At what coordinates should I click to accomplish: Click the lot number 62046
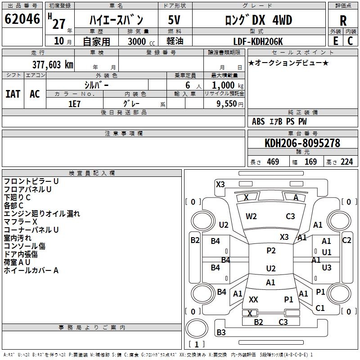click(x=22, y=19)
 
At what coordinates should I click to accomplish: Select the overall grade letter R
click(x=343, y=21)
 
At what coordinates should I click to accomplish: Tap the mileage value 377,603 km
click(x=53, y=64)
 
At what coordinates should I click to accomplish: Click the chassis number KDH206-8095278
click(x=302, y=143)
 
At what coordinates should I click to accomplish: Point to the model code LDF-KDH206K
click(x=258, y=41)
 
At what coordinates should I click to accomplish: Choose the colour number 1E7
click(x=74, y=104)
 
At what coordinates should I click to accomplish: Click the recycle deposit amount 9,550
click(x=227, y=104)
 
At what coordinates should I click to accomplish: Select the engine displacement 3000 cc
click(x=141, y=41)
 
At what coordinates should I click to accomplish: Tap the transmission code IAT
click(x=13, y=94)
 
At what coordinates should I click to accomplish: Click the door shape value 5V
click(x=174, y=20)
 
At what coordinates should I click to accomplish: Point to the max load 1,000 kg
click(x=228, y=85)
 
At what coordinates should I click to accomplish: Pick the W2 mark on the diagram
click(x=251, y=216)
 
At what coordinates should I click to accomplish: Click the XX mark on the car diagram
click(x=253, y=299)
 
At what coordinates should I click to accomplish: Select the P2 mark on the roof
click(x=271, y=251)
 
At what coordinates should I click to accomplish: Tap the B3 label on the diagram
click(x=221, y=332)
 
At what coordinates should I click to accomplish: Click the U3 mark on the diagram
click(x=327, y=267)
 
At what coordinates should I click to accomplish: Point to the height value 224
click(x=346, y=162)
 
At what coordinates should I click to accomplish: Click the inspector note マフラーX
click(x=20, y=222)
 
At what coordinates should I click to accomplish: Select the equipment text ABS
click(x=258, y=121)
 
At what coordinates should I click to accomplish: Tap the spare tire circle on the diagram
click(x=197, y=329)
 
